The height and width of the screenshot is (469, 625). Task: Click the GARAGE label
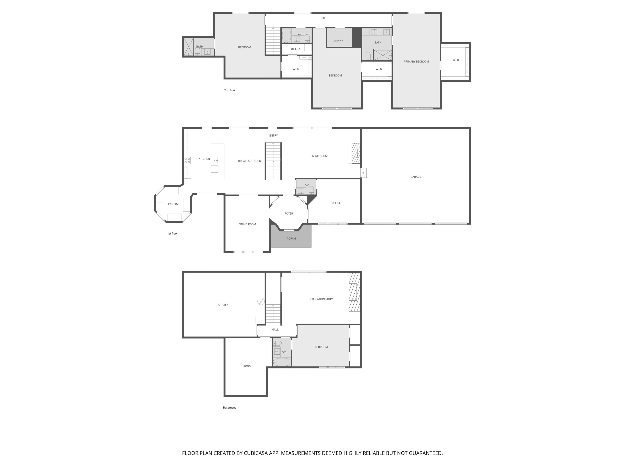point(416,177)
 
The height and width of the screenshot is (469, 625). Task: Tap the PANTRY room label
point(173,204)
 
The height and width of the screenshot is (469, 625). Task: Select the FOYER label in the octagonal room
point(289,214)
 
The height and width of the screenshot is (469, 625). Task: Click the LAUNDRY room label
point(339,41)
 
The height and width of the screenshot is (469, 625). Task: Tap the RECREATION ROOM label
point(321,299)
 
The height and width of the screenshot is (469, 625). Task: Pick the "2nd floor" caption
point(230,90)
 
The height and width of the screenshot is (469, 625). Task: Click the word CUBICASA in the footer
point(256,453)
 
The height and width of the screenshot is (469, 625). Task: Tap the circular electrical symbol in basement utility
point(261,301)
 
